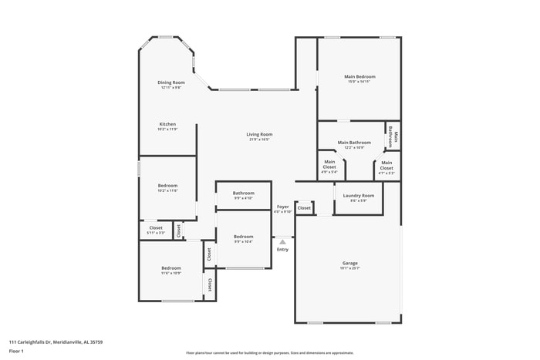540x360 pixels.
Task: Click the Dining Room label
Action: point(172,82)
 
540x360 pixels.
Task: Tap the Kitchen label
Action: point(167,124)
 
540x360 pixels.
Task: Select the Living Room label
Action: point(259,134)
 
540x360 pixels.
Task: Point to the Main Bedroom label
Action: point(359,77)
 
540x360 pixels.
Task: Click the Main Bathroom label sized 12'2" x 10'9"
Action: point(354,143)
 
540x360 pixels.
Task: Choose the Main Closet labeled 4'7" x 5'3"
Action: point(386,165)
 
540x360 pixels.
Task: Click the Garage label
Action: point(349,263)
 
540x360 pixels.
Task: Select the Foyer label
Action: point(283,207)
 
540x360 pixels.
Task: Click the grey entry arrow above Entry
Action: point(282,241)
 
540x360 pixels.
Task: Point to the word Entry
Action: point(282,249)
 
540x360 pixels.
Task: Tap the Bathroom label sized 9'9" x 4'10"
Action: point(244,193)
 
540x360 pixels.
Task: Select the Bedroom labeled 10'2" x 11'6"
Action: point(167,186)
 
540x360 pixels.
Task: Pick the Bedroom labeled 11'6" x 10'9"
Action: point(171,268)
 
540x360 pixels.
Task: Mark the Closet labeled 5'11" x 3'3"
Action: point(156,228)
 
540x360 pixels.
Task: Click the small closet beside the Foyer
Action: point(304,207)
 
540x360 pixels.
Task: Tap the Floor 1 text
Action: point(16,352)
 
